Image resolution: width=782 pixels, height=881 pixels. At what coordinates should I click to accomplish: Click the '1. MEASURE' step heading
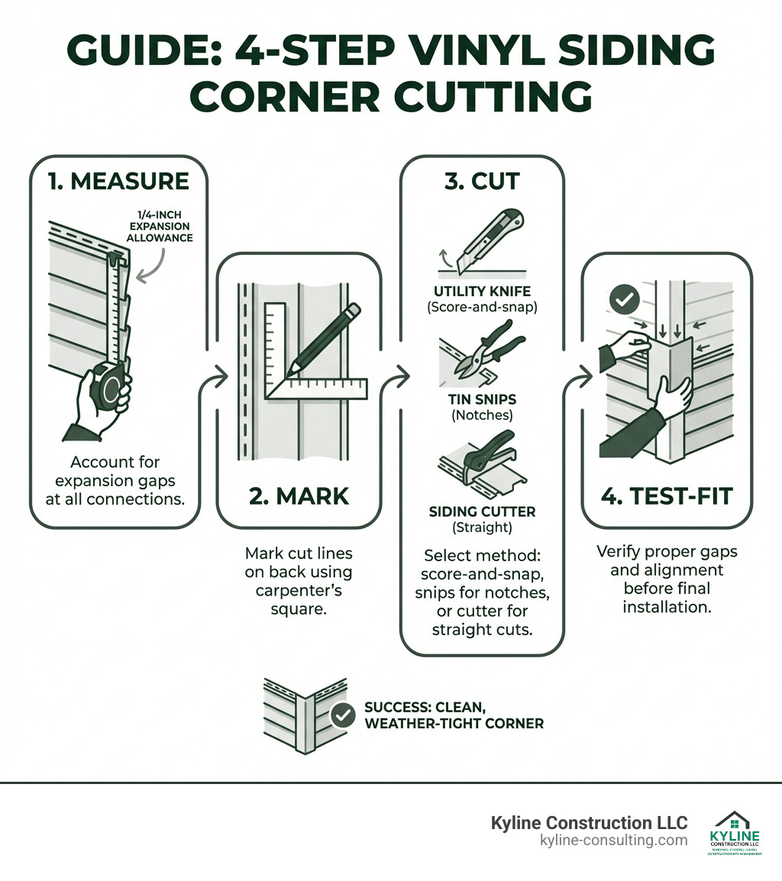118,181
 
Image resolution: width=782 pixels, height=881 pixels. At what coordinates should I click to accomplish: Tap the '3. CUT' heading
482,181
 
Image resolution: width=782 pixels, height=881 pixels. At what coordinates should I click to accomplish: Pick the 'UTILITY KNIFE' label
481,291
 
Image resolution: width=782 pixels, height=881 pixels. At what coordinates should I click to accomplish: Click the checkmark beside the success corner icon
344,715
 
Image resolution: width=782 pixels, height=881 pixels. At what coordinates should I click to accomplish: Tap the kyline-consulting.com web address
613,841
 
